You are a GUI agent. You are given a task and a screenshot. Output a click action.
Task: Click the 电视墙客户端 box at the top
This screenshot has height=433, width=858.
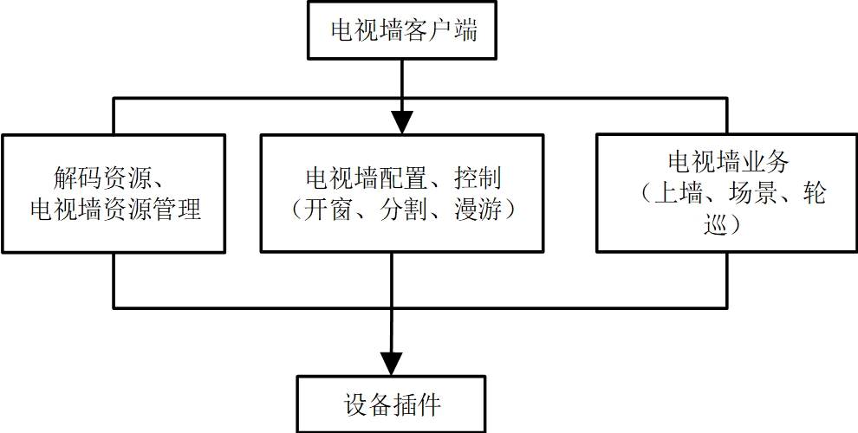point(403,31)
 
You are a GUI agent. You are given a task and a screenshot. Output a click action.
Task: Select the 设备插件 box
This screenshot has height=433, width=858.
point(392,404)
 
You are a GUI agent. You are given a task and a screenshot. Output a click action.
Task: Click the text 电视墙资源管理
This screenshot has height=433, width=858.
point(114,209)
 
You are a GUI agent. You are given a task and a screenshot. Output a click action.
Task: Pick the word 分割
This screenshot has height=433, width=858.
point(405,209)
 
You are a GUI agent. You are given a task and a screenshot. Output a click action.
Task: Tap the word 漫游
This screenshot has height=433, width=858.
point(478,209)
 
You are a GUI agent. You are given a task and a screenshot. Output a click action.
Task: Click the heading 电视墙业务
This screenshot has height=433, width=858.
point(727,162)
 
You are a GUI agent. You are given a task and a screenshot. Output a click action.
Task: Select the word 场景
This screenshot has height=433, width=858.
point(745,192)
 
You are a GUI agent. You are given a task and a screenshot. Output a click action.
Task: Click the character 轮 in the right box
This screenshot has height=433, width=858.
point(814,192)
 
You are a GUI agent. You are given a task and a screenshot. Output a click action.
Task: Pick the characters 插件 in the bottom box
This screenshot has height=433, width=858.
point(417,404)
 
